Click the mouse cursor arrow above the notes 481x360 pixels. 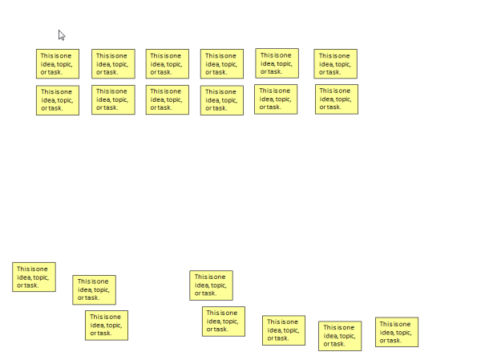pyautogui.click(x=62, y=34)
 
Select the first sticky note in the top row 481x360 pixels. pyautogui.click(x=58, y=64)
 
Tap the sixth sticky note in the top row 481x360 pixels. pyautogui.click(x=335, y=63)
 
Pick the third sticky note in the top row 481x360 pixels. pyautogui.click(x=168, y=64)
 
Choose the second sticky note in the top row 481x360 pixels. pyautogui.click(x=113, y=64)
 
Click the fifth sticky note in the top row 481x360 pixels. pyautogui.click(x=277, y=63)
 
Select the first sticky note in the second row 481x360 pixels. pyautogui.click(x=58, y=100)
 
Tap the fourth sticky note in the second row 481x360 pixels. pyautogui.click(x=222, y=100)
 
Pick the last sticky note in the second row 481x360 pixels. pyautogui.click(x=336, y=99)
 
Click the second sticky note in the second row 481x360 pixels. pyautogui.click(x=113, y=100)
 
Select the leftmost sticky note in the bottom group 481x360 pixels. pyautogui.click(x=34, y=277)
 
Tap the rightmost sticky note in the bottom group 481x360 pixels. pyautogui.click(x=397, y=332)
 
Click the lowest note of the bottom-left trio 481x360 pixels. pyautogui.click(x=107, y=325)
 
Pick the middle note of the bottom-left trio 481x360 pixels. pyautogui.click(x=94, y=289)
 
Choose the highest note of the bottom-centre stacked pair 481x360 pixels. pyautogui.click(x=211, y=285)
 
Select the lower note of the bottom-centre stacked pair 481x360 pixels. pyautogui.click(x=224, y=321)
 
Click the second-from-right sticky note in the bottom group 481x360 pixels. pyautogui.click(x=340, y=336)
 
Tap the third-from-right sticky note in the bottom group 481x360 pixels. pyautogui.click(x=284, y=330)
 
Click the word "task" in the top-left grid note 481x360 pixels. pyautogui.click(x=54, y=72)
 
